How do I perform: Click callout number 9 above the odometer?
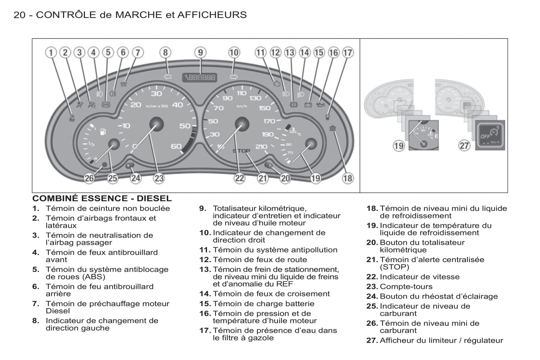coord(200,52)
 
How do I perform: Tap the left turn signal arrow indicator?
coord(167,77)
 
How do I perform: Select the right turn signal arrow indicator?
coord(234,77)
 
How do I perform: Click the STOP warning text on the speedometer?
coord(241,151)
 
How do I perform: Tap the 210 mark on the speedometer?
coord(261,147)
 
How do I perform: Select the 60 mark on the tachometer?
coord(176,146)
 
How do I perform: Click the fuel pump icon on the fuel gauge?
coord(103,131)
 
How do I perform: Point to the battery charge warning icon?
coord(308,105)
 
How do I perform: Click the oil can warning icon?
coord(320,105)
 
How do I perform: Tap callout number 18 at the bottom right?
coord(348,179)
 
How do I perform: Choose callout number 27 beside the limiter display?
coord(464,145)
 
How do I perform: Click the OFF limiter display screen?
coord(490,135)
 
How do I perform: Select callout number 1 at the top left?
coord(51,52)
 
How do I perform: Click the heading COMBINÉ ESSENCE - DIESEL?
coord(102,198)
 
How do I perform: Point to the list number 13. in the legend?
coord(205,269)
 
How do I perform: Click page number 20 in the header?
coord(19,15)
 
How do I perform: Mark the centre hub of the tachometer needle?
coord(156,124)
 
